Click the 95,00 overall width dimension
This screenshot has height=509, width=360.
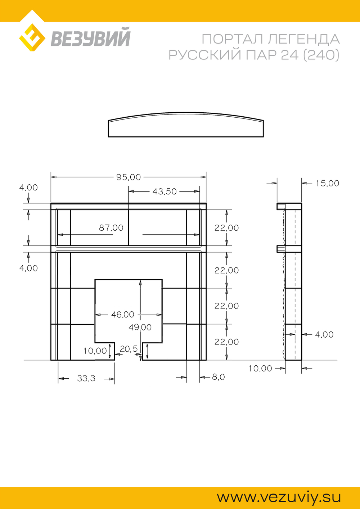click(x=129, y=177)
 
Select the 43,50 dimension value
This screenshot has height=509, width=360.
click(x=164, y=192)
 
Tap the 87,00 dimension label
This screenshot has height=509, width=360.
click(x=111, y=228)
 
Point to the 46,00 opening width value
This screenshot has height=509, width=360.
click(x=123, y=315)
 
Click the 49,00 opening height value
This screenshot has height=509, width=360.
click(x=140, y=327)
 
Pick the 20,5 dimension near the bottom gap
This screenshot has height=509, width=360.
click(x=129, y=349)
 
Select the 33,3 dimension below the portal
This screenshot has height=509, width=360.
click(x=86, y=378)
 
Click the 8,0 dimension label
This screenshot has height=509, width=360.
click(x=219, y=377)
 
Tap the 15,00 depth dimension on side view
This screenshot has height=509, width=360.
click(x=328, y=183)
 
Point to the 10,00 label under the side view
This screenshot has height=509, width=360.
click(x=260, y=369)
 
